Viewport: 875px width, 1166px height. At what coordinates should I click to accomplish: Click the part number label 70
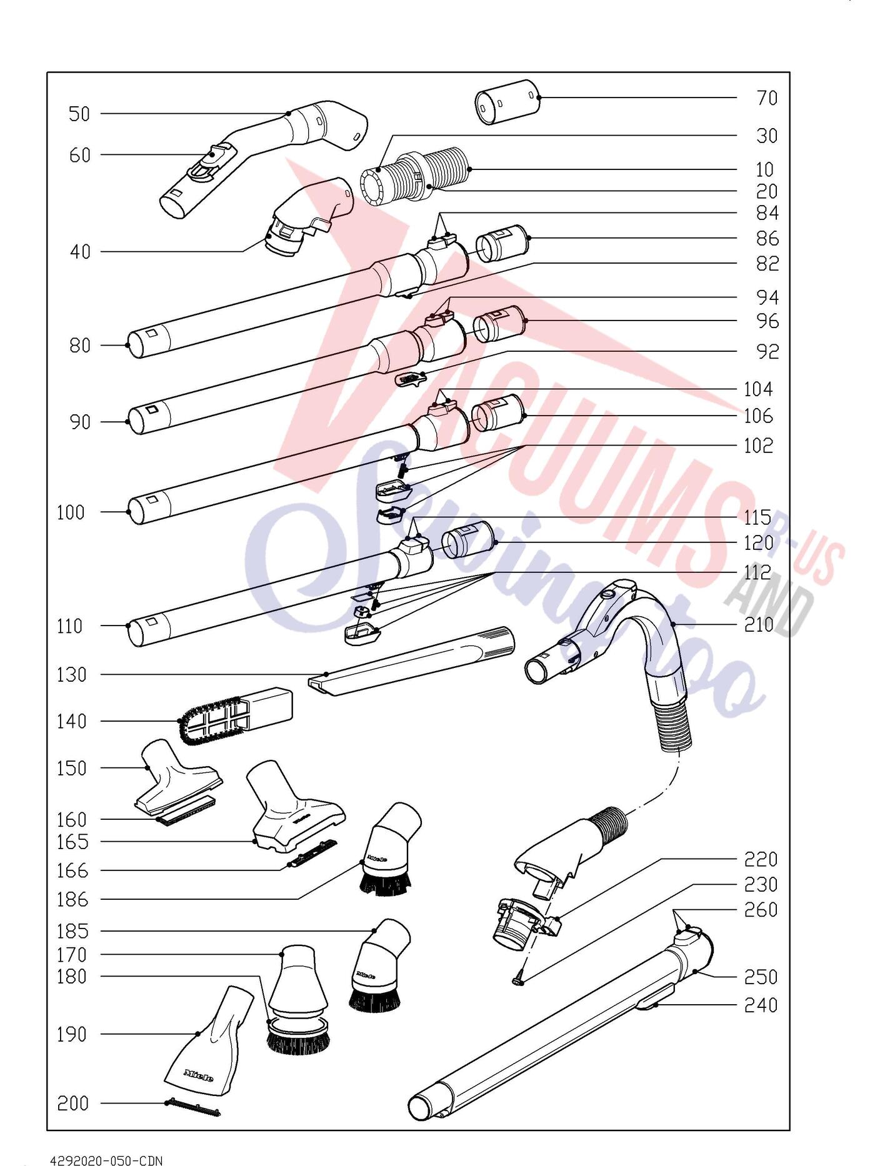tap(767, 98)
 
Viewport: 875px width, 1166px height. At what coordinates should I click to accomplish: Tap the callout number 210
tap(759, 625)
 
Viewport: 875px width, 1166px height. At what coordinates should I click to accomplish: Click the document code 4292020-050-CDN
tap(106, 1160)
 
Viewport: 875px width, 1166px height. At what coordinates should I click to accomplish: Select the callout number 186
tap(72, 900)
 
